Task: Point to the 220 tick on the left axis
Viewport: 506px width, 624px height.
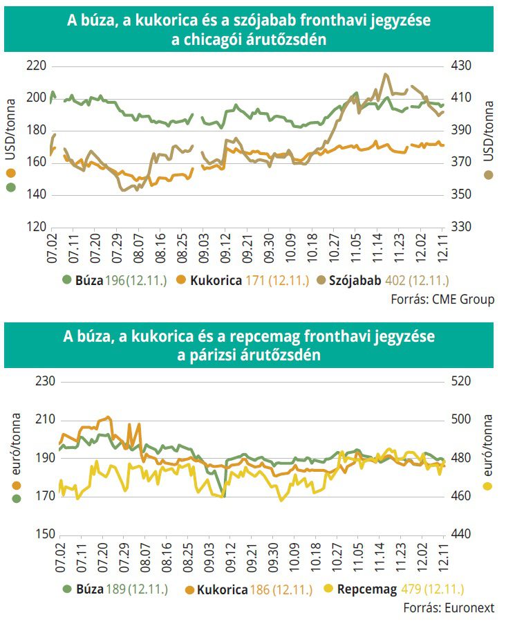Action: point(35,66)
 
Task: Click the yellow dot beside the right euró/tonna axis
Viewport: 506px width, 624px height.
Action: point(488,486)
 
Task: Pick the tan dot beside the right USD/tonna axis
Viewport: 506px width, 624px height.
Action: point(489,175)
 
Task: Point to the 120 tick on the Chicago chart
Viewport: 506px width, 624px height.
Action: point(35,227)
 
